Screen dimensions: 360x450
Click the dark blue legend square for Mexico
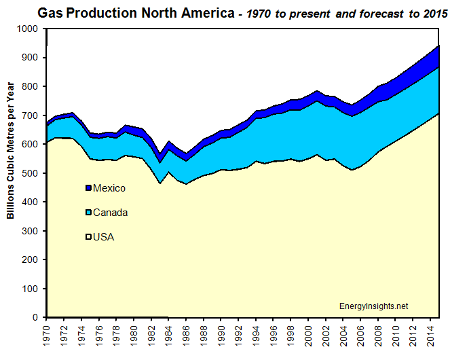pyautogui.click(x=88, y=188)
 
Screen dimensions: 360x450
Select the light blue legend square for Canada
pyautogui.click(x=88, y=213)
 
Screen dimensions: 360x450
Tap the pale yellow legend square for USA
pyautogui.click(x=88, y=237)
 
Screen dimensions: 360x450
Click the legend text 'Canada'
pyautogui.click(x=110, y=213)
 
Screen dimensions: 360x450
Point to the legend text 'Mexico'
pyautogui.click(x=109, y=188)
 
